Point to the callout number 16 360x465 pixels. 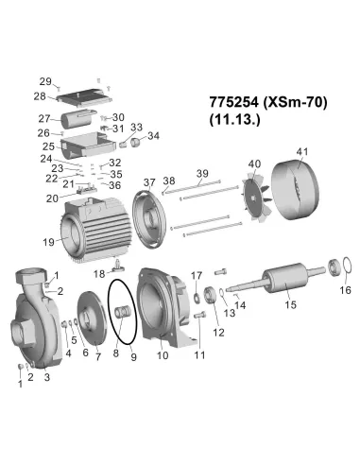pyautogui.click(x=343, y=291)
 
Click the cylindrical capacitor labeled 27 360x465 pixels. pyautogui.click(x=79, y=119)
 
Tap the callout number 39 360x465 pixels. pyautogui.click(x=201, y=173)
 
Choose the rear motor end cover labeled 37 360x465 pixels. pyautogui.click(x=152, y=211)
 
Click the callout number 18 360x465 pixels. pyautogui.click(x=99, y=273)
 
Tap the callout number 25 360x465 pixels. pyautogui.click(x=48, y=147)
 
